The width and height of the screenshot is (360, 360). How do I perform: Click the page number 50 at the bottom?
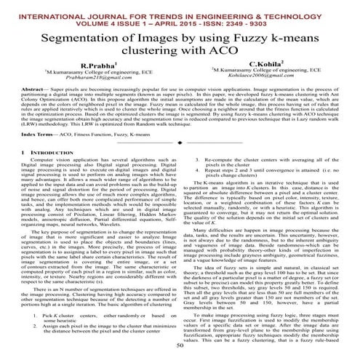[x=180, y=348]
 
